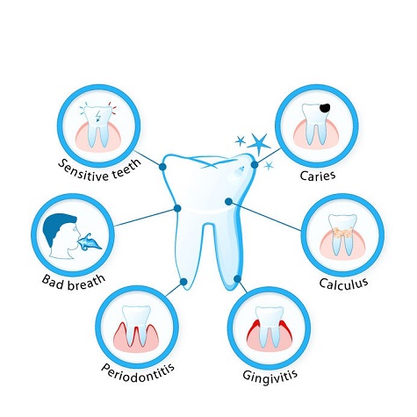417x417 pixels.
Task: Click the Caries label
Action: tap(318, 176)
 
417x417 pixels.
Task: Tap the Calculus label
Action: tap(343, 283)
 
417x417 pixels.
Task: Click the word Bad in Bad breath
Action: tap(53, 282)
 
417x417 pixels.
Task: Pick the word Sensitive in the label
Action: tap(82, 171)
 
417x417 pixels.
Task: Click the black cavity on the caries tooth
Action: tap(325, 108)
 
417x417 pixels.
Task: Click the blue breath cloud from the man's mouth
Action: tap(89, 242)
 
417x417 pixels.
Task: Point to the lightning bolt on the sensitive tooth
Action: tap(98, 117)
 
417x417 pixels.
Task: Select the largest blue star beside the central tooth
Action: tap(258, 144)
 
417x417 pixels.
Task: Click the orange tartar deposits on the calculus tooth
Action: tap(342, 233)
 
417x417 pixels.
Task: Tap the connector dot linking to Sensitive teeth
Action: tap(162, 167)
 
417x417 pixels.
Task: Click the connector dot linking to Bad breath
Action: tap(177, 208)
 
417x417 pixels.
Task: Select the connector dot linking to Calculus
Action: tap(228, 201)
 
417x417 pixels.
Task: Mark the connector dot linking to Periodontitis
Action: tap(183, 282)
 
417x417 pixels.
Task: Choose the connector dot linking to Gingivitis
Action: tap(237, 278)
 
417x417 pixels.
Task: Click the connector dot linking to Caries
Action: tap(255, 165)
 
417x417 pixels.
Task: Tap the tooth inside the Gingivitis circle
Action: tap(270, 325)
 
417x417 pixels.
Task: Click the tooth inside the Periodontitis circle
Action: tap(136, 324)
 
